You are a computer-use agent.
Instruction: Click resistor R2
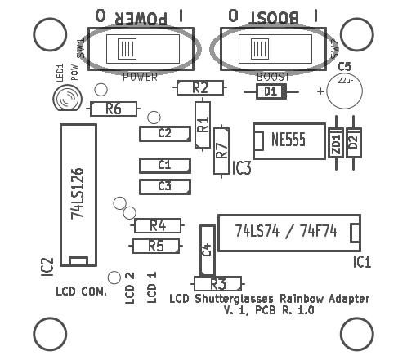200,87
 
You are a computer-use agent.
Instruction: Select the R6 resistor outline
114,109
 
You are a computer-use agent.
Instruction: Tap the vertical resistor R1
203,125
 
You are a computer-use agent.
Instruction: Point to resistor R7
221,151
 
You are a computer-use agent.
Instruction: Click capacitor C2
165,134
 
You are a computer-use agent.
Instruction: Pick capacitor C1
165,166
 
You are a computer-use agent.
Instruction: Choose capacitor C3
165,187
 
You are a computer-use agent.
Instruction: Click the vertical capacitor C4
208,251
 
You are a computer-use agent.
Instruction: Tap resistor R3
217,284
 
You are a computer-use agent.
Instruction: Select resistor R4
158,225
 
